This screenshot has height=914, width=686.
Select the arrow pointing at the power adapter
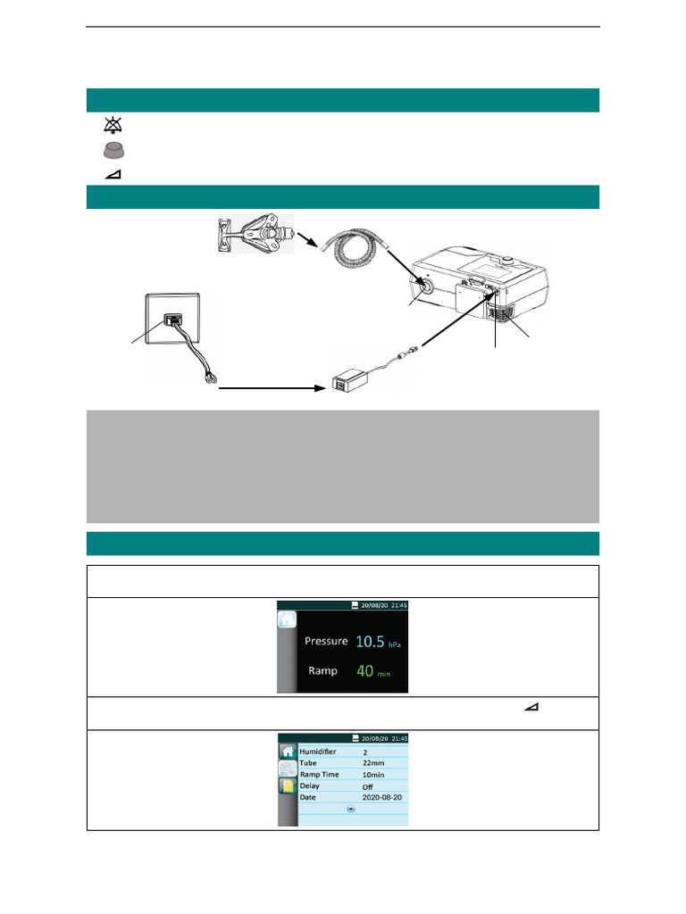pyautogui.click(x=268, y=388)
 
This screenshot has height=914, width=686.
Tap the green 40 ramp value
pyautogui.click(x=364, y=669)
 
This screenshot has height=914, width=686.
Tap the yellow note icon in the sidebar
pyautogui.click(x=288, y=786)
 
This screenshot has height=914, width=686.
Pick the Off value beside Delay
pyautogui.click(x=368, y=786)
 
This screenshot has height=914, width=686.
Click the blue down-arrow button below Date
pyautogui.click(x=350, y=809)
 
